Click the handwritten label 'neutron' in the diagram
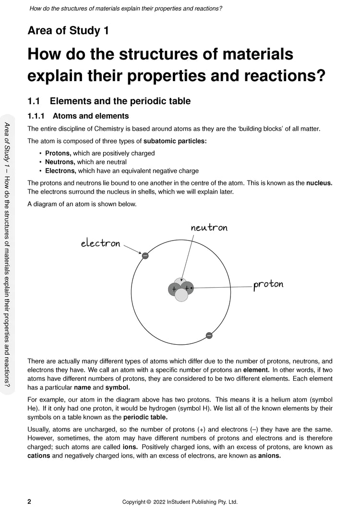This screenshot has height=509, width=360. coord(209,228)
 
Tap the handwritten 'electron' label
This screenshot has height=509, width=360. coord(100,243)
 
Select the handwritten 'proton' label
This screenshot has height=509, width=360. coord(268,284)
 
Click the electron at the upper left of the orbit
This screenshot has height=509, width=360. coord(145,255)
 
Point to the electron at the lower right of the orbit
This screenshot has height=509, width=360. coord(209,335)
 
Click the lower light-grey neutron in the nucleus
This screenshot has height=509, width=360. coord(181,295)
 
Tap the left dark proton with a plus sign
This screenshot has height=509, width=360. coord(174,289)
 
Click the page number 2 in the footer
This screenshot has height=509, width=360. coord(29,502)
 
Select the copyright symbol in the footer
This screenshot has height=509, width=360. coord(149,502)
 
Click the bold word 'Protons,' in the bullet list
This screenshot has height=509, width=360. coord(58,153)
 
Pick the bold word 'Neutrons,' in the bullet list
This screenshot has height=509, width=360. coord(60,162)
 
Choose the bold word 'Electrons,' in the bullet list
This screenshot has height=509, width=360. coord(60,170)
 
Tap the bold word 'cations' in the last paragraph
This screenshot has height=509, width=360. coord(39,456)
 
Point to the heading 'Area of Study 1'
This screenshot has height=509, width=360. coord(68,31)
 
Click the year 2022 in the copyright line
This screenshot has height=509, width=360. coord(160,502)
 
